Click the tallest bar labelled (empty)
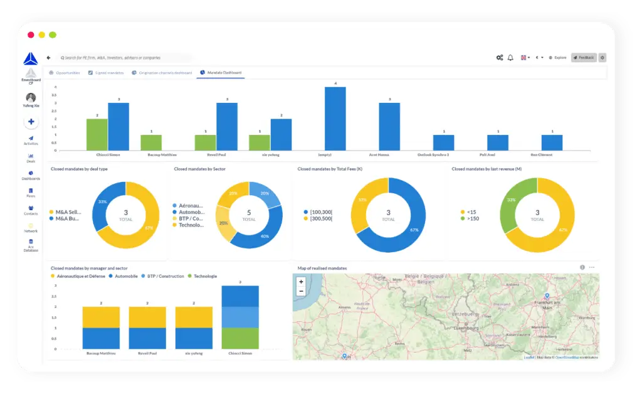[335, 119]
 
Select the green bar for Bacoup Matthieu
[151, 142]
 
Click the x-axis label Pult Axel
[498, 154]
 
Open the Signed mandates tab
[105, 73]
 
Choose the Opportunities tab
[65, 73]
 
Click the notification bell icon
[510, 58]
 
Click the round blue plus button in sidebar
[31, 122]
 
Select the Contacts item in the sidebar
[31, 210]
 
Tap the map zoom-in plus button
[302, 282]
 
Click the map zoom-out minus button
[302, 291]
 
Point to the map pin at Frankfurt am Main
[547, 296]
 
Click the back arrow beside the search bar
[49, 58]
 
